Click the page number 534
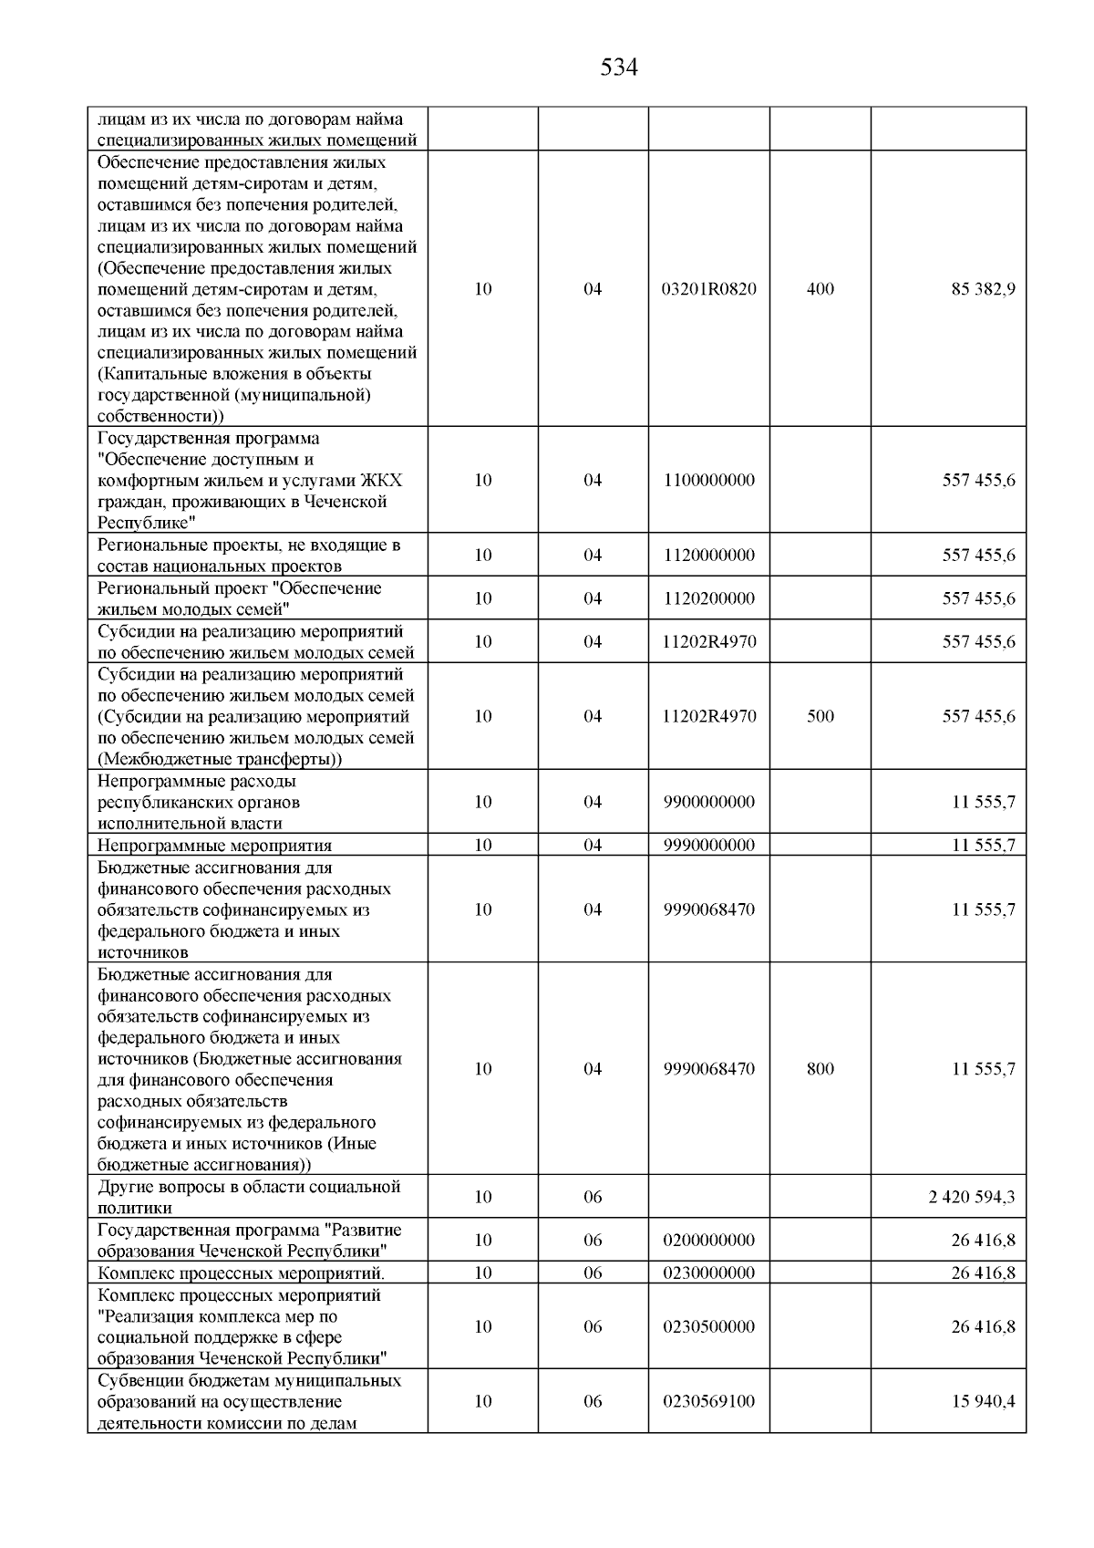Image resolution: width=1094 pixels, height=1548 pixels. point(619,68)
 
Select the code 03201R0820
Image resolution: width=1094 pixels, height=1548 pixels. point(708,289)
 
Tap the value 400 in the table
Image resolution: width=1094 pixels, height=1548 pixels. point(820,289)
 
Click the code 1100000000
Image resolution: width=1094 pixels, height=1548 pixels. point(708,480)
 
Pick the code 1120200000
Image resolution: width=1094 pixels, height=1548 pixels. point(708,598)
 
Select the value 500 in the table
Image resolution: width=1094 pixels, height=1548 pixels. point(820,716)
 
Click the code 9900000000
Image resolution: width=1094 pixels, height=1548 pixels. point(708,802)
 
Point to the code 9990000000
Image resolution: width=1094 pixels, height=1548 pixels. point(708,845)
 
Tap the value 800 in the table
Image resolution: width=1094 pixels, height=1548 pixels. point(820,1069)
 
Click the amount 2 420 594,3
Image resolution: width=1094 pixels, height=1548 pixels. point(971,1197)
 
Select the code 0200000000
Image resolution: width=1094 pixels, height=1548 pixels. point(708,1240)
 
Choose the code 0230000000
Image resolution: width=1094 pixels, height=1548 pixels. point(708,1273)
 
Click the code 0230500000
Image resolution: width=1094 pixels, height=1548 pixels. point(708,1327)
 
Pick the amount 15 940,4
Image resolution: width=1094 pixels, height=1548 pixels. point(983,1401)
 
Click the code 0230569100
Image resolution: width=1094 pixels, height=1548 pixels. point(708,1401)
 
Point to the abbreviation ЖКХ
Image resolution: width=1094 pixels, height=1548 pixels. point(381,481)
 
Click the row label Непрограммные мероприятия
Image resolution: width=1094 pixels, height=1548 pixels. point(214,846)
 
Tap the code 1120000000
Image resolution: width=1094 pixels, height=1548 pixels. point(708,556)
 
